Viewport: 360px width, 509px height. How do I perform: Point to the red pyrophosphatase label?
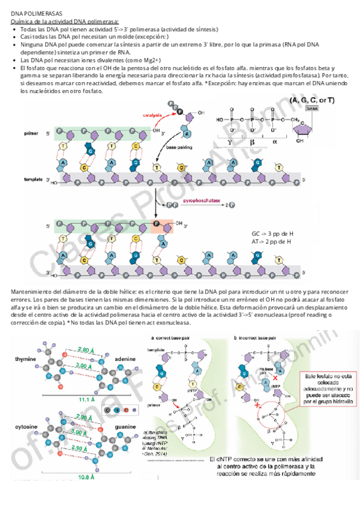pos(202,202)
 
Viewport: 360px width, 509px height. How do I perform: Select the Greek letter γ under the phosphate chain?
pos(230,142)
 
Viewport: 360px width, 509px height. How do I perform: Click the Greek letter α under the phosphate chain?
pos(274,142)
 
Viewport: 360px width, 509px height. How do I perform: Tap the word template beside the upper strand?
pos(33,179)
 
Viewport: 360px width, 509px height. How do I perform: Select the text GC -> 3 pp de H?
pos(272,233)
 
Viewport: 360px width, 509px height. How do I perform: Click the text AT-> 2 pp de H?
pos(272,241)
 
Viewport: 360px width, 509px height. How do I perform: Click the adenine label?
pos(125,358)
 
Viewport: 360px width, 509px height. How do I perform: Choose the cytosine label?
pos(26,426)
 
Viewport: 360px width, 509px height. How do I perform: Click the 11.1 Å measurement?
pos(87,399)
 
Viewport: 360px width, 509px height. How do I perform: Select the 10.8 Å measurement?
pos(87,477)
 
